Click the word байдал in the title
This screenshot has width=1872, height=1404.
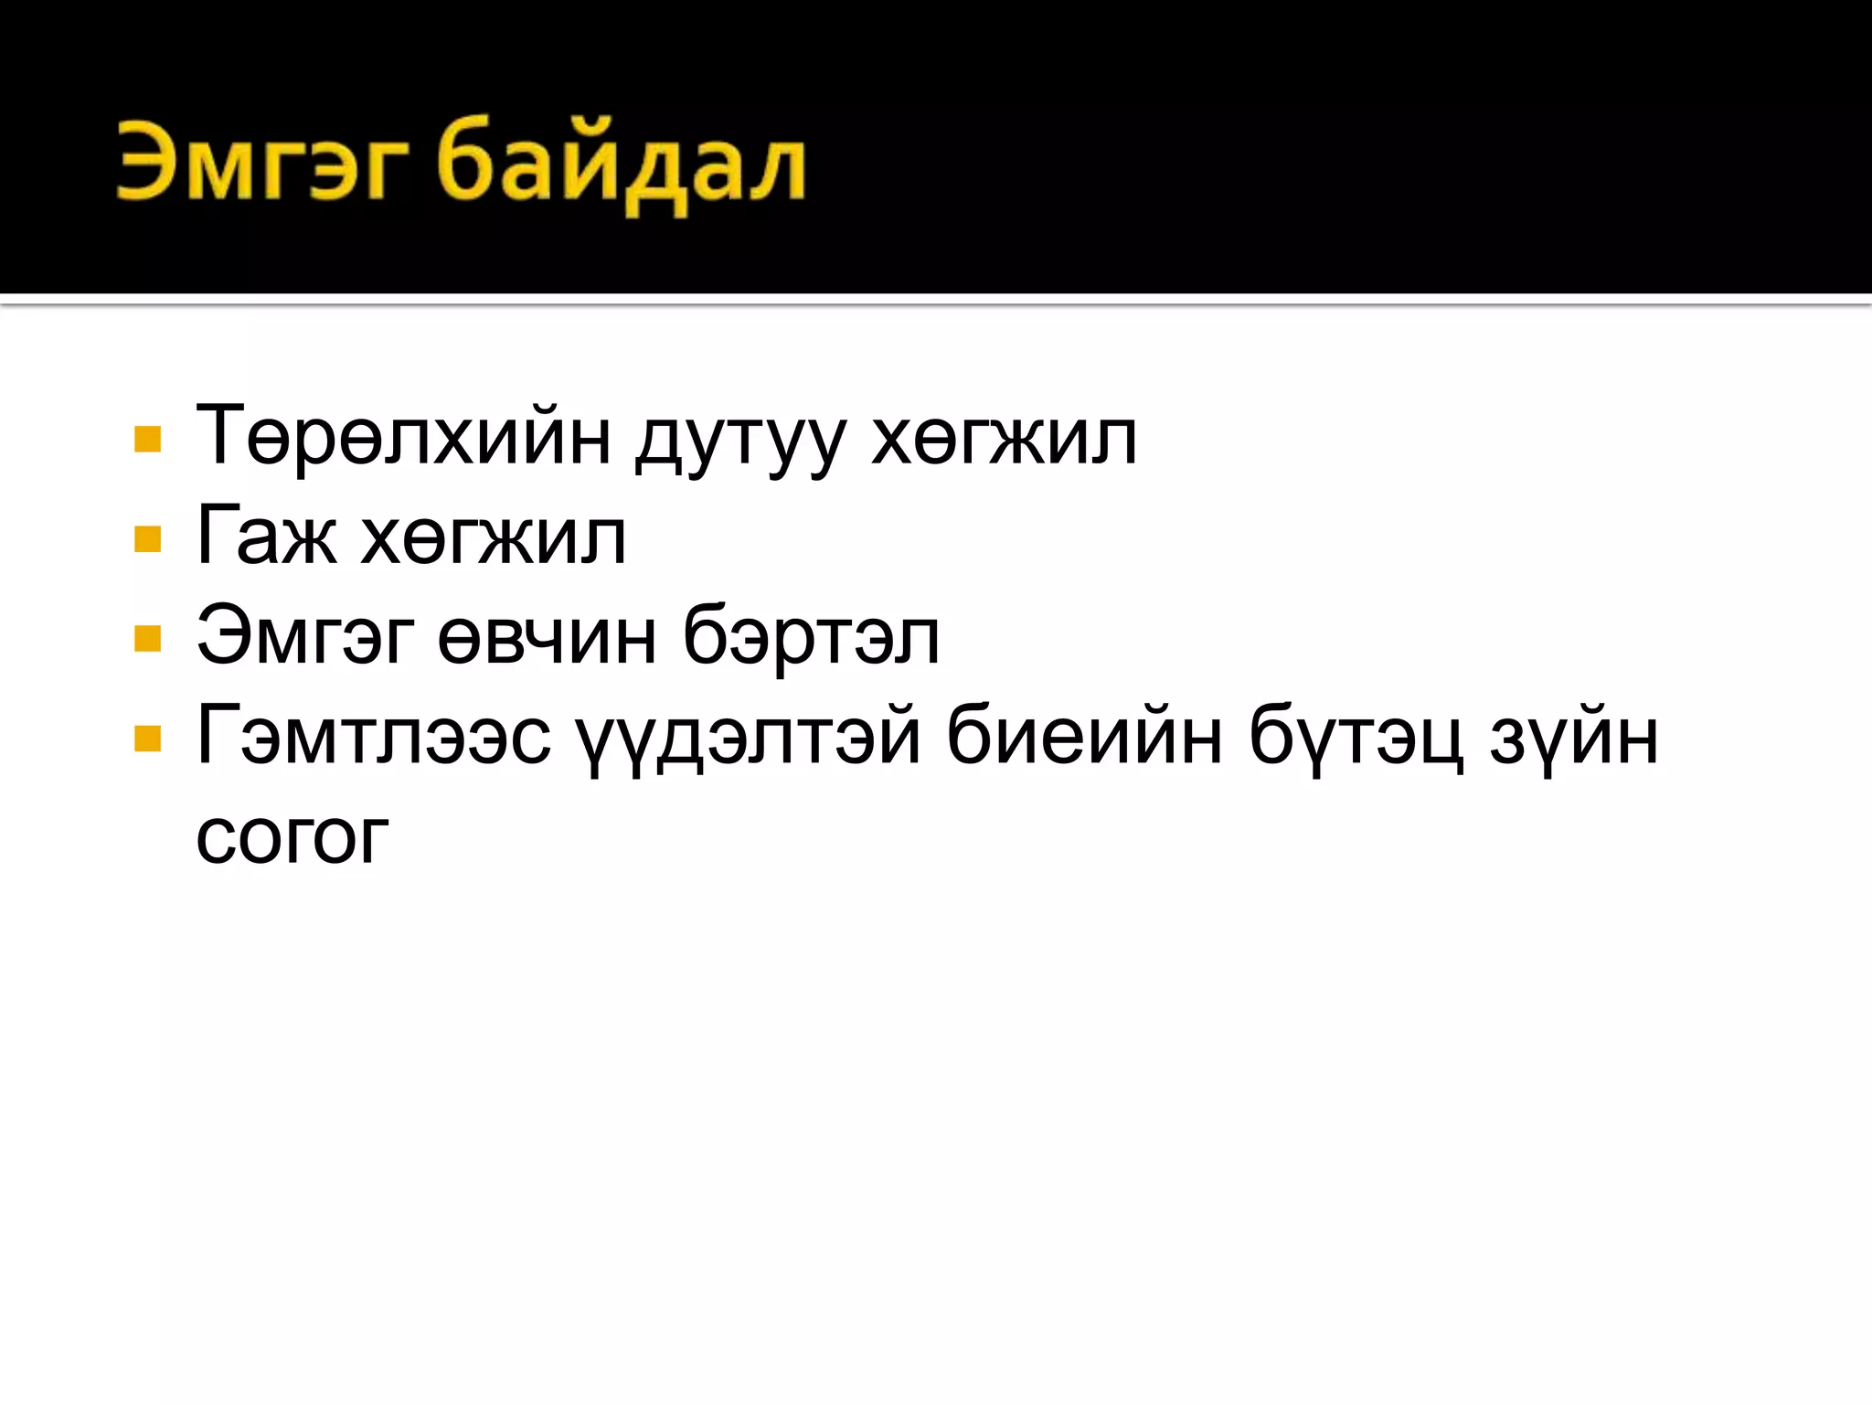(622, 165)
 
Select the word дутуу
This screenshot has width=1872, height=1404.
(740, 441)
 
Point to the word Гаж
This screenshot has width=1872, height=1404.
(266, 537)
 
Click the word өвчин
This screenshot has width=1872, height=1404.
(547, 637)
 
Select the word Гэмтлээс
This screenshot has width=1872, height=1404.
(374, 737)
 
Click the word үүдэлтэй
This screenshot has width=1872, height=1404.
(748, 739)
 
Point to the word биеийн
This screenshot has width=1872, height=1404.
(1083, 736)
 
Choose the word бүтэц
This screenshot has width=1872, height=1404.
(1356, 739)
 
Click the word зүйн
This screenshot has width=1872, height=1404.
(1574, 739)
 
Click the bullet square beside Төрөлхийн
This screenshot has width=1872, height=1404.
(147, 440)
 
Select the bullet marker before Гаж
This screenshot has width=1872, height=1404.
(147, 539)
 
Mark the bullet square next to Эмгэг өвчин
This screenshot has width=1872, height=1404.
(147, 638)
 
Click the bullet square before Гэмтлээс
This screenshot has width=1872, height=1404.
(147, 738)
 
